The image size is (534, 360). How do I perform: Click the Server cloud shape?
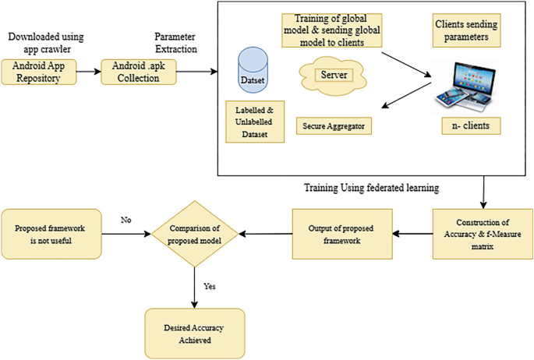(x=332, y=76)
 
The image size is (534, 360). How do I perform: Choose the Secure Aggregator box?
(x=333, y=125)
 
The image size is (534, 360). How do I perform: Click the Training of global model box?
(x=332, y=30)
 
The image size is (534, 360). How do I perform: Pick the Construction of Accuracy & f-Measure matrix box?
(x=483, y=231)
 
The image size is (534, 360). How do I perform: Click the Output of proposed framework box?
(x=342, y=232)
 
